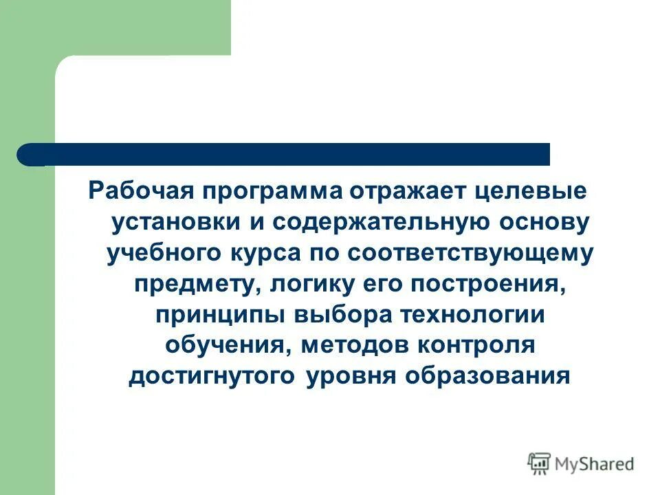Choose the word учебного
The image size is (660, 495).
(x=162, y=253)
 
